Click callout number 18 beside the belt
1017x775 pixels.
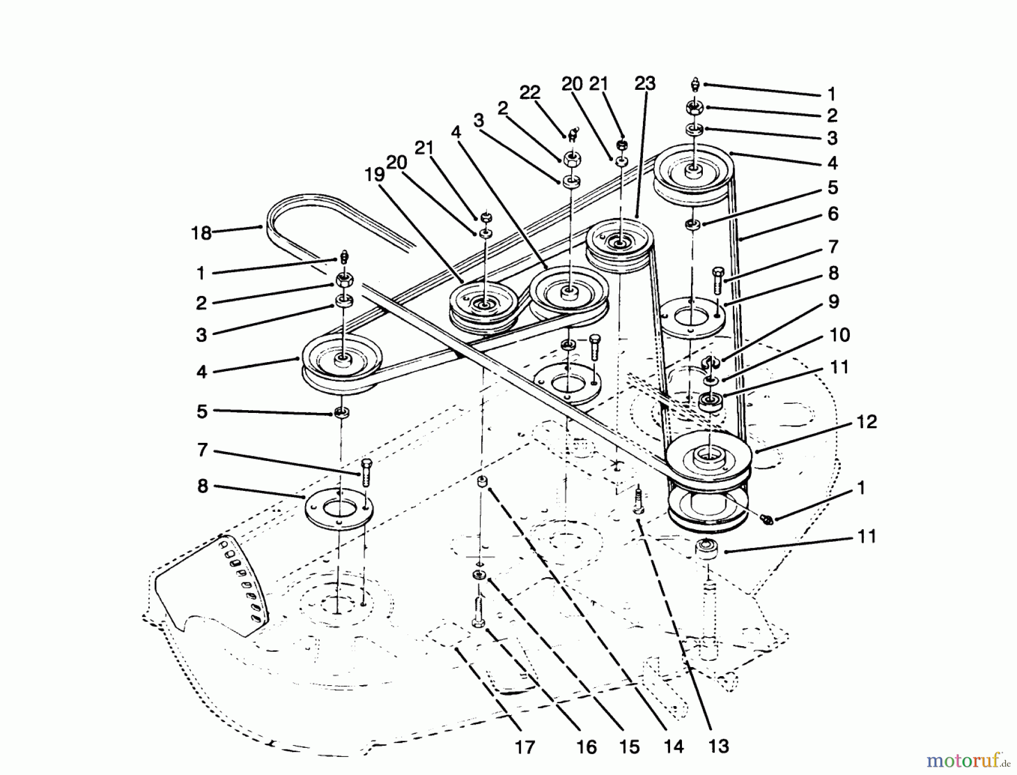[201, 233]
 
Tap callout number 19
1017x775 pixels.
[375, 175]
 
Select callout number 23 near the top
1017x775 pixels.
[645, 84]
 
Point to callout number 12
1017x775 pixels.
[867, 421]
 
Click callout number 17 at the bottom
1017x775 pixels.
[525, 747]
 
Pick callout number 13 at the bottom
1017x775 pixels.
[719, 746]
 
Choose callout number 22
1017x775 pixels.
[530, 92]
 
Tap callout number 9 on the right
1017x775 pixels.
[834, 302]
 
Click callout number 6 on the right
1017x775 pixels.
[833, 214]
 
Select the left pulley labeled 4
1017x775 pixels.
[342, 362]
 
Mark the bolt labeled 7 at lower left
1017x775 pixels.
[364, 472]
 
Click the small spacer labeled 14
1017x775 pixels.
[482, 482]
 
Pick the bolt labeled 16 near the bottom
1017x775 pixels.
[478, 612]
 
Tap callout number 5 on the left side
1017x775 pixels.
[202, 412]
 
